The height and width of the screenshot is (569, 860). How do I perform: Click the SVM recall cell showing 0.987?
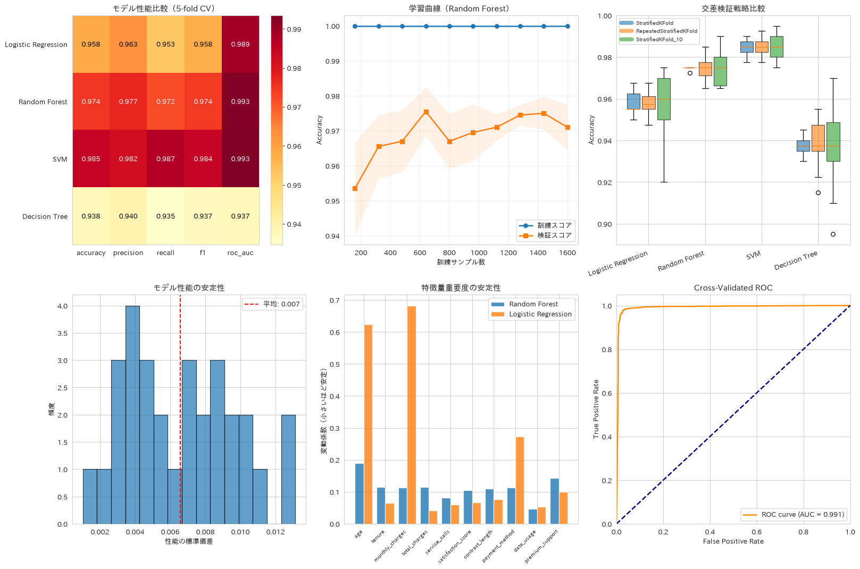click(x=165, y=158)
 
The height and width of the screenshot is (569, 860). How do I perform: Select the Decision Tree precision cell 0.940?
click(x=128, y=216)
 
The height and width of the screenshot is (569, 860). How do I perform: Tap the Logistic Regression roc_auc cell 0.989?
click(x=240, y=44)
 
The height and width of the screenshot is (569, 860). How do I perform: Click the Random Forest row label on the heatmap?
click(x=43, y=102)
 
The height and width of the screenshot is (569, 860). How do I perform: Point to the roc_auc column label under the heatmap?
click(x=240, y=253)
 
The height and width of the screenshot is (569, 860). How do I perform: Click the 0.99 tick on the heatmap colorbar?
click(x=294, y=29)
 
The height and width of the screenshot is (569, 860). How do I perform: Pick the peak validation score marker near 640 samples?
click(x=426, y=112)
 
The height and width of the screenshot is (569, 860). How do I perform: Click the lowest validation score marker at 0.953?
click(x=355, y=189)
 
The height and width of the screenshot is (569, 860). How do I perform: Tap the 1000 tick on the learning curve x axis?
click(x=479, y=253)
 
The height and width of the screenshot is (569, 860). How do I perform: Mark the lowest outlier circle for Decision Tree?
click(x=833, y=234)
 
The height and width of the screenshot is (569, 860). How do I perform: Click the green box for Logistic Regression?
click(x=664, y=99)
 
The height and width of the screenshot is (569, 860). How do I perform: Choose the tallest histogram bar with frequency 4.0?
click(x=132, y=415)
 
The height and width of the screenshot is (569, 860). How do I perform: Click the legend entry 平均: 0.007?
click(x=272, y=304)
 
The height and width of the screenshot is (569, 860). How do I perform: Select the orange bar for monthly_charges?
click(x=411, y=415)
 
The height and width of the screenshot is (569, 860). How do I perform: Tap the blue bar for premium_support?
click(x=554, y=501)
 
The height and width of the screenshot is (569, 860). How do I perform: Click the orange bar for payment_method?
click(x=520, y=481)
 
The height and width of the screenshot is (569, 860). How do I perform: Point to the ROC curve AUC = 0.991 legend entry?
click(x=793, y=514)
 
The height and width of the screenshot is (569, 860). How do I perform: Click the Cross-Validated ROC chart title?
click(x=733, y=288)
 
